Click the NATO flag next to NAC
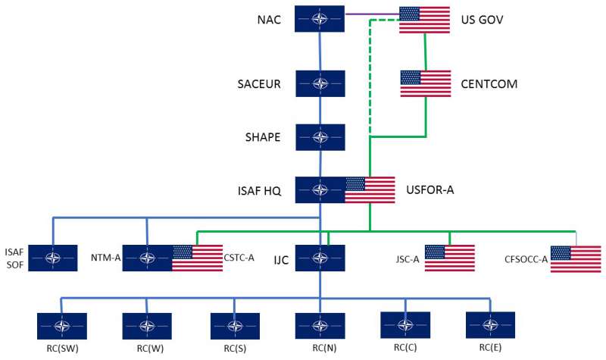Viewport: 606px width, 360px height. click(320, 19)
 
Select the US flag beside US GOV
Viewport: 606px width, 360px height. click(424, 19)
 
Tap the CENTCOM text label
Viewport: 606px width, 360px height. click(489, 83)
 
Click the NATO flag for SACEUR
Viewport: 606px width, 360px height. click(320, 83)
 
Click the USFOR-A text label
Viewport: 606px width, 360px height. click(430, 189)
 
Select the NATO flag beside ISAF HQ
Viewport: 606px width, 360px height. click(320, 189)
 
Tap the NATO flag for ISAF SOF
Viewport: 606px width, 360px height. click(53, 258)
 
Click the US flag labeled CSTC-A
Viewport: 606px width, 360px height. click(197, 258)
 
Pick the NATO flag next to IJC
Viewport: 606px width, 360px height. click(320, 258)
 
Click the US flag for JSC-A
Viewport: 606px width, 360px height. click(449, 258)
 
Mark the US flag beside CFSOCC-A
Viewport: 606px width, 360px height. click(575, 258)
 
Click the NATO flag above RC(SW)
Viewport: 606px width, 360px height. click(61, 325)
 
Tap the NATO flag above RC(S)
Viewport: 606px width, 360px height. click(235, 325)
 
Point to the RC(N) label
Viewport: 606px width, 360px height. click(320, 349)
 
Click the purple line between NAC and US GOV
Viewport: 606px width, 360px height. click(371, 13)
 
